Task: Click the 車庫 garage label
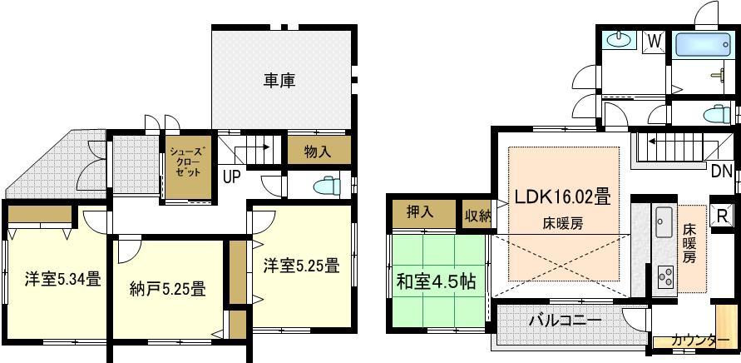point(280,81)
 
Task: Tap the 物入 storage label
point(317,152)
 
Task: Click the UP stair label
point(232,177)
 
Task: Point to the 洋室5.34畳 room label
point(52,279)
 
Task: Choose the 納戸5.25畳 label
point(167,289)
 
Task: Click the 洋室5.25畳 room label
point(301,266)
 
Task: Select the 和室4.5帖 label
point(436,281)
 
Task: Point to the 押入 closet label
point(421,211)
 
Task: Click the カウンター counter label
point(694,340)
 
